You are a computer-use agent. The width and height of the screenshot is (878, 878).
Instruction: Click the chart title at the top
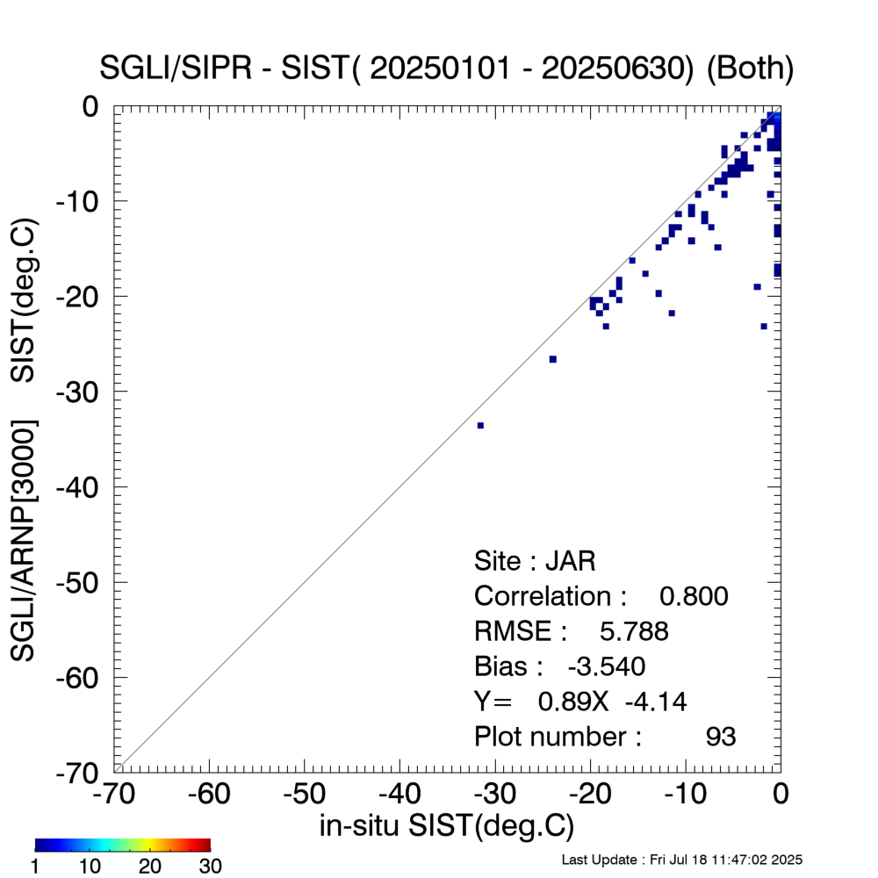click(448, 69)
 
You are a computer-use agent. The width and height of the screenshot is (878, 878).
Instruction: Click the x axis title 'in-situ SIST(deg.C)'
click(447, 825)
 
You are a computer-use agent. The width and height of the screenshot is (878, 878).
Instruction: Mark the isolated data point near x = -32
click(480, 425)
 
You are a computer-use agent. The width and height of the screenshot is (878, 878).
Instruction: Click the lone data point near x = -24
click(552, 359)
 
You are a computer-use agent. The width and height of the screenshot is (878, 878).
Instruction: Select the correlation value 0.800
click(694, 596)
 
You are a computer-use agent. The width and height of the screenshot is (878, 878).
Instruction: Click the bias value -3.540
click(606, 666)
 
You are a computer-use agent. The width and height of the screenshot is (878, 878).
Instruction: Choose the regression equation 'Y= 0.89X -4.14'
click(579, 702)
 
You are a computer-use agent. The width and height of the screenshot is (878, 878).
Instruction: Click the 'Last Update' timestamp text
click(681, 860)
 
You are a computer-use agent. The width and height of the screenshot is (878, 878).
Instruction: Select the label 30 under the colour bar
click(210, 867)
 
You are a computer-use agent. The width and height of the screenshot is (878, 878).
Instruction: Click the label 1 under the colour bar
click(36, 867)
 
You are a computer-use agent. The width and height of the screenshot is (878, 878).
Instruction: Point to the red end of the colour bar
click(205, 845)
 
